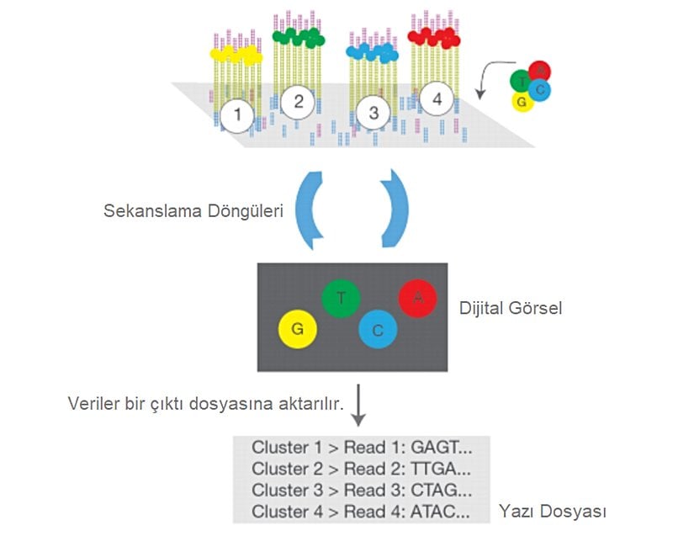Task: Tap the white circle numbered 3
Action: (x=374, y=113)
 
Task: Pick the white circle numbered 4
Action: (x=436, y=98)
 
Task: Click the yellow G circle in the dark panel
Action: (x=297, y=329)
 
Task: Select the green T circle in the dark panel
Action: (x=341, y=298)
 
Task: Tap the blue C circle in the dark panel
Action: (x=378, y=330)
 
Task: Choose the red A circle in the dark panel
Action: (x=418, y=299)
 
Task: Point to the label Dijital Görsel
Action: (x=511, y=308)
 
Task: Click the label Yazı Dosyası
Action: (x=553, y=511)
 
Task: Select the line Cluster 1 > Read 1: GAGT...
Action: (x=362, y=448)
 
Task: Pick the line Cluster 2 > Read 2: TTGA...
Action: (x=362, y=469)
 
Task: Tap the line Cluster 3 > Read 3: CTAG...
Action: (x=362, y=490)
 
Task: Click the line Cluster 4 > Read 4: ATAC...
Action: (x=362, y=511)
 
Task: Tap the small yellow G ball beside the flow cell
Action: (x=522, y=102)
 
